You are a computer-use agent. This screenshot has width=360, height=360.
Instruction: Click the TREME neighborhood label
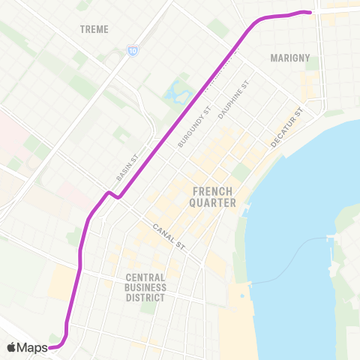pyautogui.click(x=94, y=29)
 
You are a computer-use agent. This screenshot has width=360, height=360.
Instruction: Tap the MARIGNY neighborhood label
pyautogui.click(x=289, y=57)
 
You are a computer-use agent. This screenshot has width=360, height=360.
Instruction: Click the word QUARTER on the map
pyautogui.click(x=214, y=202)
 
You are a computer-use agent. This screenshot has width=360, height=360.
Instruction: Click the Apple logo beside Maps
pyautogui.click(x=11, y=347)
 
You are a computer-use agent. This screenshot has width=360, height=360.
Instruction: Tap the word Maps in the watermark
pyautogui.click(x=32, y=347)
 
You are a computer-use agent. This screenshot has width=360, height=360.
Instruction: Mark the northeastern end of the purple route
pyautogui.click(x=309, y=11)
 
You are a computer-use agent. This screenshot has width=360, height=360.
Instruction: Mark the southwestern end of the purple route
pyautogui.click(x=51, y=347)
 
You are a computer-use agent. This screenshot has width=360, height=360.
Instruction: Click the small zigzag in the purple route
pyautogui.click(x=110, y=194)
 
